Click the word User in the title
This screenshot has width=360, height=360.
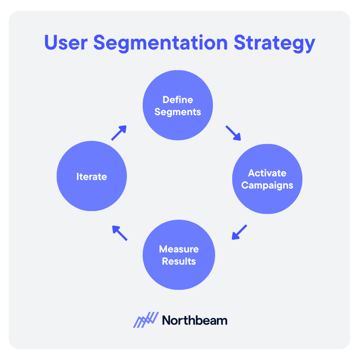click(66, 43)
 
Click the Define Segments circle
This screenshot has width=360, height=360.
click(178, 105)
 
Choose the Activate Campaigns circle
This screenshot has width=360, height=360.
click(267, 179)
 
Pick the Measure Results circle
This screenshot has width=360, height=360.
click(179, 255)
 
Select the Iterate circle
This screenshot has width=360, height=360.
click(92, 176)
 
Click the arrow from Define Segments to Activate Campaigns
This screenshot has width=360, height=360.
click(233, 133)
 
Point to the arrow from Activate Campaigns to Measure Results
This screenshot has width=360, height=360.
click(239, 232)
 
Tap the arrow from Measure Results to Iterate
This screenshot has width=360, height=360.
click(120, 233)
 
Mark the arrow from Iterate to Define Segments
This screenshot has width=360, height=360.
click(119, 133)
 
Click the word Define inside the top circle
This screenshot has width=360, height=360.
click(178, 100)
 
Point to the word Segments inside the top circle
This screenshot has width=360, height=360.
click(178, 112)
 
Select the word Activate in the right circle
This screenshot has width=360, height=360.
click(267, 173)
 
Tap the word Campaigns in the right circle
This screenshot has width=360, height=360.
click(267, 185)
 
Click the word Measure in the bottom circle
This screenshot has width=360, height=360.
click(179, 249)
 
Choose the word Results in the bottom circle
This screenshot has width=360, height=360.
click(179, 261)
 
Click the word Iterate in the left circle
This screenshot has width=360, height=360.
click(92, 177)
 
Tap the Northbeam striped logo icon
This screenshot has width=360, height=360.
click(146, 320)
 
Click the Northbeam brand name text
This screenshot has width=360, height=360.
click(195, 320)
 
